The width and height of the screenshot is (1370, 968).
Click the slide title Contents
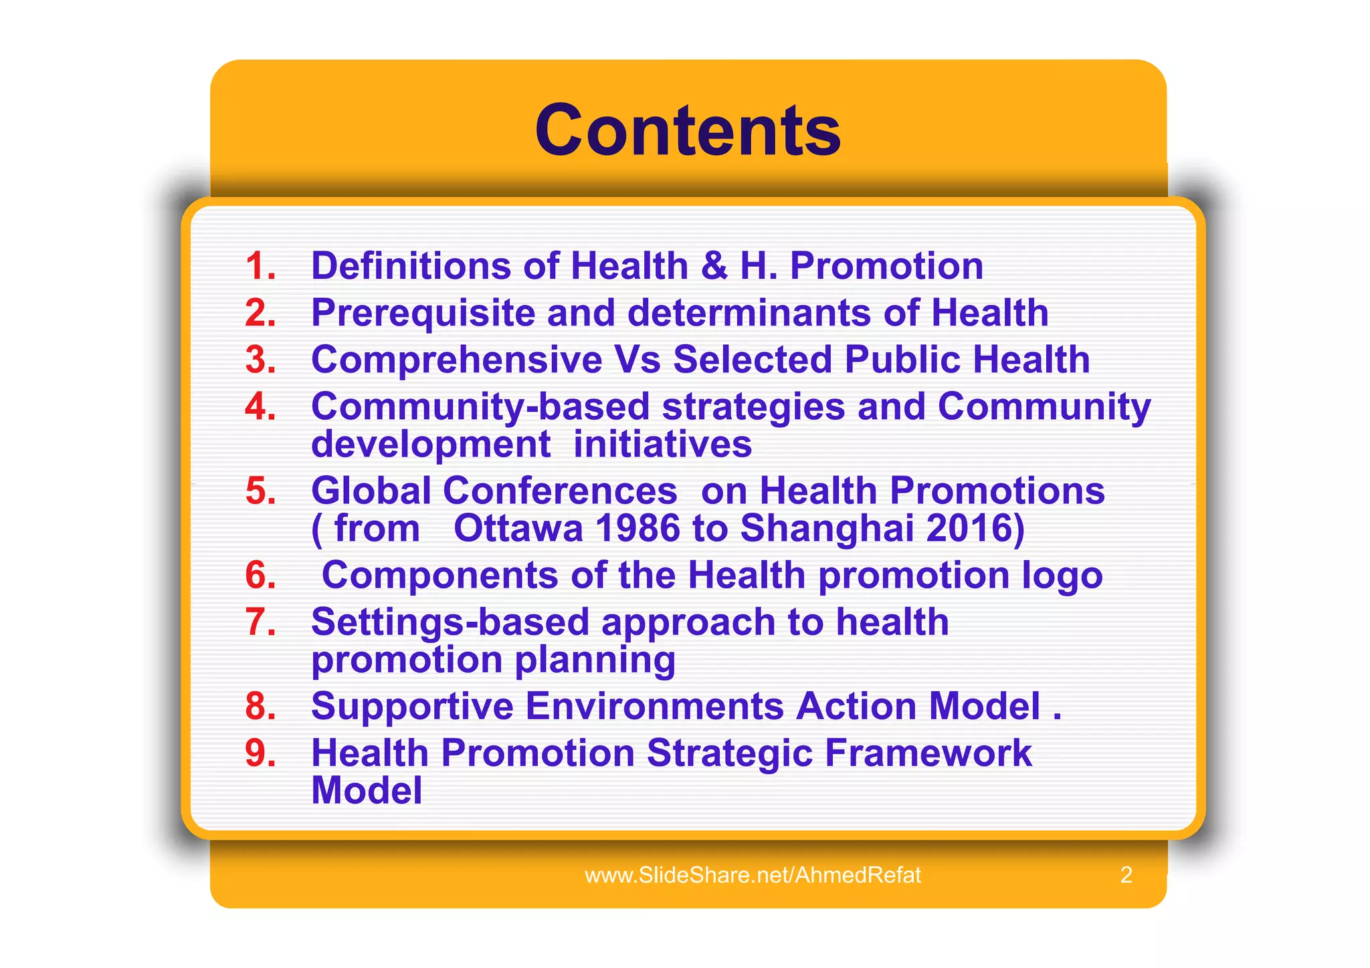(688, 130)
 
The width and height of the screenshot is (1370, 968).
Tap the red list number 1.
(260, 266)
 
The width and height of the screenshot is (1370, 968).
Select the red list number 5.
(260, 491)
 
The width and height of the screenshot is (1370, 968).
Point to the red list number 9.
(260, 753)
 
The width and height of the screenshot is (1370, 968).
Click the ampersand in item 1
(714, 266)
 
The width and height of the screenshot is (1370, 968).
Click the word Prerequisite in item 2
(422, 314)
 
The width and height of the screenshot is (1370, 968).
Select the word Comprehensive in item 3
(456, 360)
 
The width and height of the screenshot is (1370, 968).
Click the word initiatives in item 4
(662, 444)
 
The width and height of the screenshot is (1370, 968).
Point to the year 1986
(637, 528)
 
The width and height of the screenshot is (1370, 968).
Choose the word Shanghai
(827, 528)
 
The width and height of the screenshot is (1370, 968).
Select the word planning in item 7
(595, 660)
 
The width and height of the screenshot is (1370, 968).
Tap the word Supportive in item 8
(412, 706)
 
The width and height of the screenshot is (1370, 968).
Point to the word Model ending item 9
(367, 790)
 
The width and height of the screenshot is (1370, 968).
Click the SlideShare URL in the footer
(753, 875)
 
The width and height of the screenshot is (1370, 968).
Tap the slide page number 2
(1126, 875)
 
